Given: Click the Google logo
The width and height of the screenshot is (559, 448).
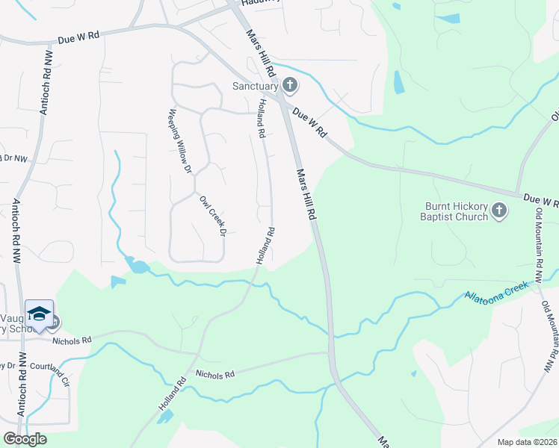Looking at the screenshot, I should [x=25, y=438].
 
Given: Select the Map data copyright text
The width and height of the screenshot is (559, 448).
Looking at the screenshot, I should [x=527, y=442].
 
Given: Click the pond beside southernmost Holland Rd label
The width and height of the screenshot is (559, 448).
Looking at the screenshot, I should [x=166, y=416].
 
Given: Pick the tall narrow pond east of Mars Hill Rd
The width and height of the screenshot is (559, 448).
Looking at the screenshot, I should [x=399, y=81].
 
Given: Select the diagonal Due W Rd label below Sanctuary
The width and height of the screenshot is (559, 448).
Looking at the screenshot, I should [x=310, y=122].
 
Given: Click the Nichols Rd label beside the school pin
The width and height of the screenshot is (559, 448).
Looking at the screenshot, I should [x=71, y=340].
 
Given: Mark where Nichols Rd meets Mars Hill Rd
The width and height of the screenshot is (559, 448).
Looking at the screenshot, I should [x=330, y=352].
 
